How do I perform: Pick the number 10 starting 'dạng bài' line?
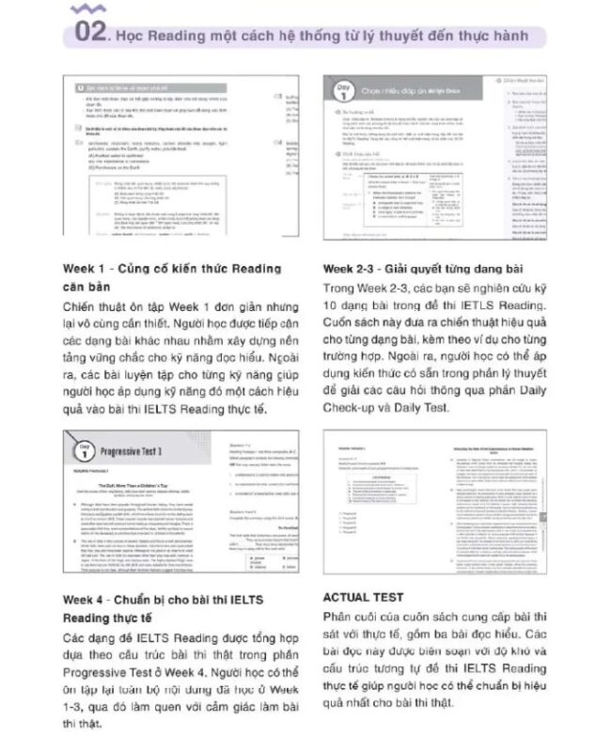click(330, 306)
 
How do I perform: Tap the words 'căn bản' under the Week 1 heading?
click(89, 288)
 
